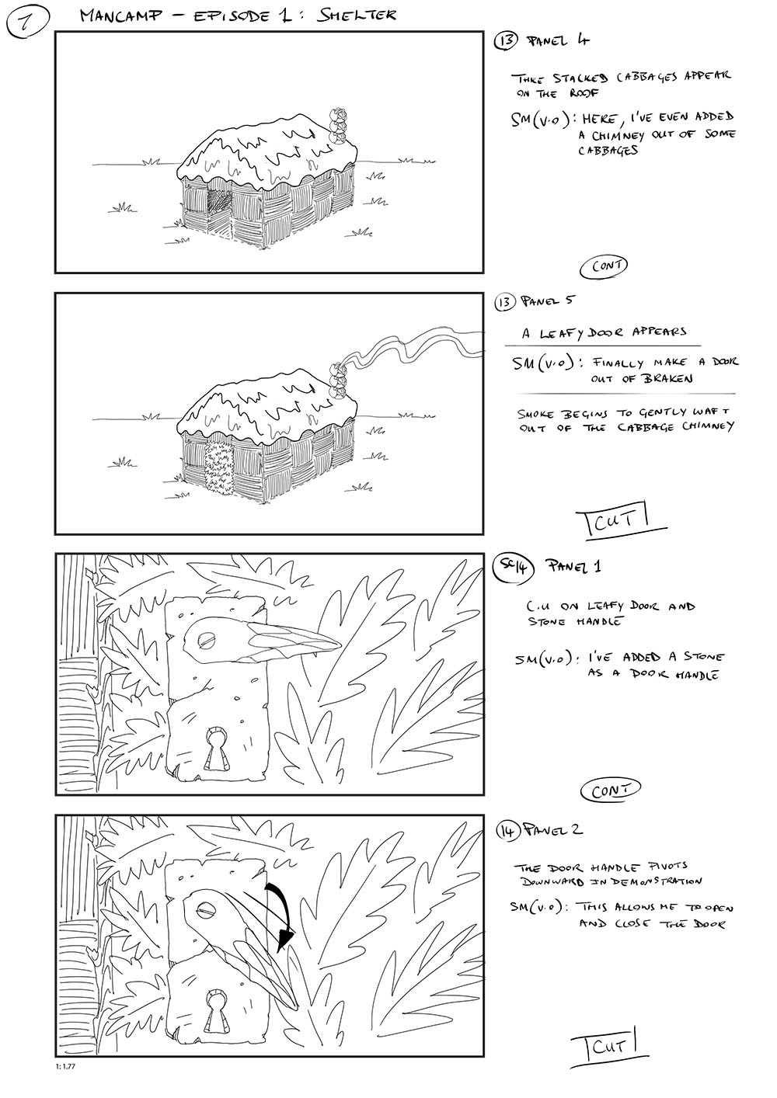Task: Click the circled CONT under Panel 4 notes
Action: click(604, 266)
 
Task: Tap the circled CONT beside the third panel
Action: click(610, 790)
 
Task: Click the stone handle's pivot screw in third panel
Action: click(206, 640)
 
